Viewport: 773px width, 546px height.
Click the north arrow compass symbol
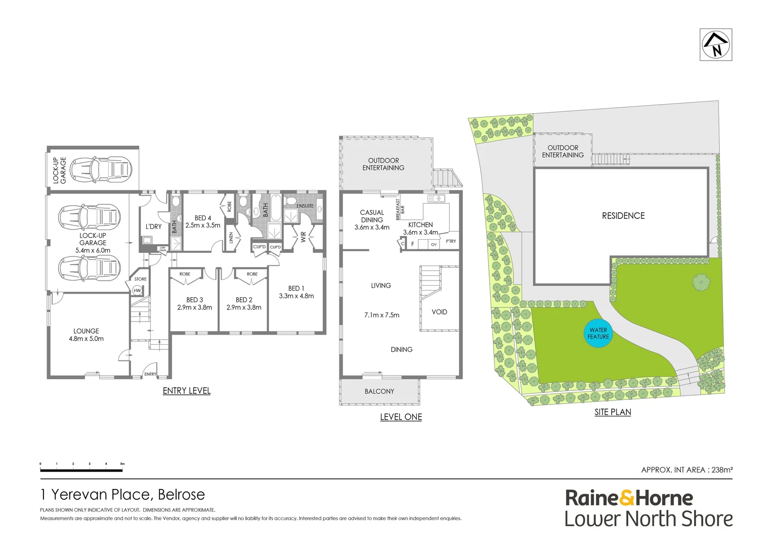point(716,44)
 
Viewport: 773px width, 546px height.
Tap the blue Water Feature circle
point(598,333)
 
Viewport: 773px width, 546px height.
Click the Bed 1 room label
point(296,288)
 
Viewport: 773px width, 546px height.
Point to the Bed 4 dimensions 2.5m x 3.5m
point(203,225)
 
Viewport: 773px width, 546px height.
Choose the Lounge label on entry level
point(86,331)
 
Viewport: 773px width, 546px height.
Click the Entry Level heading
point(187,391)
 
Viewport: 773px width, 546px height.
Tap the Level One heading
point(401,417)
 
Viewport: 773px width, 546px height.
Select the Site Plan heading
point(613,412)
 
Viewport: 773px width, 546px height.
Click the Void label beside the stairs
point(439,312)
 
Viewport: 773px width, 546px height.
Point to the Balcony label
point(379,391)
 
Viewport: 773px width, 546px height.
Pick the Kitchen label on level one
point(420,224)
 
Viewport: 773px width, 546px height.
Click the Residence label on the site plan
point(623,216)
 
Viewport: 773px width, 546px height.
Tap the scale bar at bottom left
point(81,471)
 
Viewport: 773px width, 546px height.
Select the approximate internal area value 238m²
point(722,470)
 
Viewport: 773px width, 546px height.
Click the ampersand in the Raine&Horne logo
point(627,498)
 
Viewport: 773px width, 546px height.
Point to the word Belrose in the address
point(182,494)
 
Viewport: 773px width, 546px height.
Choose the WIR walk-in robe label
point(304,237)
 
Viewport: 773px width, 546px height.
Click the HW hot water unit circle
point(137,290)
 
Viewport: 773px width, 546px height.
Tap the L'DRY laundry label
point(153,226)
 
